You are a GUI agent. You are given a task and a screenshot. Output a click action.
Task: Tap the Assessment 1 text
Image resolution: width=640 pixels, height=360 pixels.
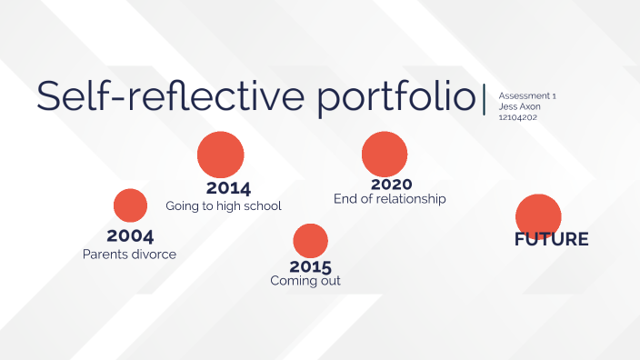click(527, 95)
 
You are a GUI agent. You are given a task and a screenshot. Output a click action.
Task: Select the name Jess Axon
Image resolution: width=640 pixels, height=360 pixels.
click(519, 106)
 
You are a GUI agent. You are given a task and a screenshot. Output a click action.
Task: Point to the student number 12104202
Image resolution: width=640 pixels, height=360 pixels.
click(518, 117)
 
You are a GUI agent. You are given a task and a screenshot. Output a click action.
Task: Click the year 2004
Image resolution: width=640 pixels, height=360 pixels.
click(129, 236)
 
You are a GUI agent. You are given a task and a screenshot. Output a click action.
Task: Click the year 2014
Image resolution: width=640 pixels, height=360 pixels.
click(228, 188)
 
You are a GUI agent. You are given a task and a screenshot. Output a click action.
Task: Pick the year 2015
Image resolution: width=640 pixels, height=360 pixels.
click(310, 266)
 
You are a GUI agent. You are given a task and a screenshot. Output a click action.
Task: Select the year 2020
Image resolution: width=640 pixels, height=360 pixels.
click(392, 184)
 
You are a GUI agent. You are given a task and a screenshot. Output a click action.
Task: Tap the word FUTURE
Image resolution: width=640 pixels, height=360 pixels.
click(551, 240)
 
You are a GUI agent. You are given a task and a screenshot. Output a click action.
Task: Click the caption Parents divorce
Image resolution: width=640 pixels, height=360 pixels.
click(129, 255)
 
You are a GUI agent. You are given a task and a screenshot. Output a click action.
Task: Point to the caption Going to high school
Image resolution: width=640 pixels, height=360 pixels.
click(224, 206)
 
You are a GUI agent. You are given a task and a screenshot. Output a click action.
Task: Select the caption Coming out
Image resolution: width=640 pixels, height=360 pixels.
click(305, 282)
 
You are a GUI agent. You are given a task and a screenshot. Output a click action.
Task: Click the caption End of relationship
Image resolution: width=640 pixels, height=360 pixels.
click(390, 198)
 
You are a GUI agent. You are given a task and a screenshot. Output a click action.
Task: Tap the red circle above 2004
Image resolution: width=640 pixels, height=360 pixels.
click(130, 205)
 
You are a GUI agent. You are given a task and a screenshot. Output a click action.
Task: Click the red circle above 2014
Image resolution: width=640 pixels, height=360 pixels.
click(221, 154)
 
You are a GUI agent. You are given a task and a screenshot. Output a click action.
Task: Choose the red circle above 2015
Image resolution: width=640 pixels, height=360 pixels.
click(310, 239)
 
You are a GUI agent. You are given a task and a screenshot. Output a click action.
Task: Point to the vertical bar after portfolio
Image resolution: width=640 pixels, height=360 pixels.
click(485, 97)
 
